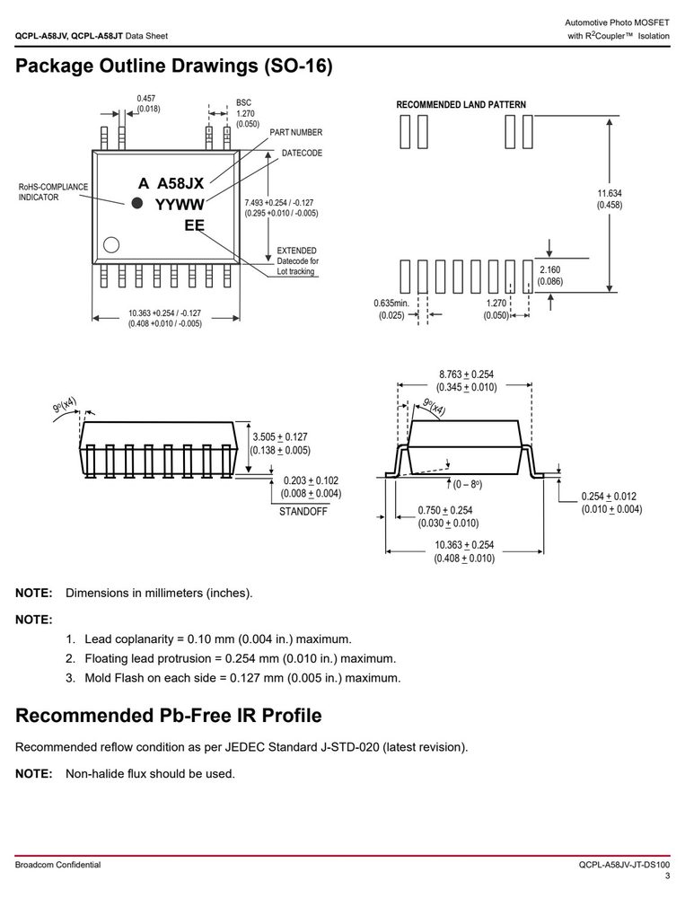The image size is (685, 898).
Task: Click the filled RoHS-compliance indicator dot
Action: [x=136, y=203]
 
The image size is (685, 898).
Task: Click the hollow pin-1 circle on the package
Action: [x=111, y=244]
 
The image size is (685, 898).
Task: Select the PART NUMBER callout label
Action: [x=296, y=132]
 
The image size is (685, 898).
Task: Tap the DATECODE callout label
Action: [x=302, y=153]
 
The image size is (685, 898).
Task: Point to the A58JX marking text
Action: [x=180, y=183]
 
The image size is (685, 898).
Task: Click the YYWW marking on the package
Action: [x=180, y=205]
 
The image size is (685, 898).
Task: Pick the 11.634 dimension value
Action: [x=610, y=194]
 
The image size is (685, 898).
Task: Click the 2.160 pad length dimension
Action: [x=549, y=269]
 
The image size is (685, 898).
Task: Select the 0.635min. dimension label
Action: [x=391, y=304]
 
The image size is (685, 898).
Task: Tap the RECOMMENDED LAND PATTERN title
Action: [x=461, y=105]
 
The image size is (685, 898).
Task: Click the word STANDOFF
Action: [x=303, y=512]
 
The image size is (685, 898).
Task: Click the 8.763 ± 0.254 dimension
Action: [x=466, y=374]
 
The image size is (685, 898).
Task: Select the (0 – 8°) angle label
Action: [x=468, y=485]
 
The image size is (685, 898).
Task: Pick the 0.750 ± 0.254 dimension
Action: [x=445, y=510]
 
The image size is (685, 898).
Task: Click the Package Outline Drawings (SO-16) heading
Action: [x=174, y=66]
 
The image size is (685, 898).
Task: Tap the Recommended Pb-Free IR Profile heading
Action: [x=169, y=716]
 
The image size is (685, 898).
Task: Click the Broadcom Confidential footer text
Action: [x=57, y=865]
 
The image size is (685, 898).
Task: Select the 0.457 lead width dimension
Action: [x=146, y=99]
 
